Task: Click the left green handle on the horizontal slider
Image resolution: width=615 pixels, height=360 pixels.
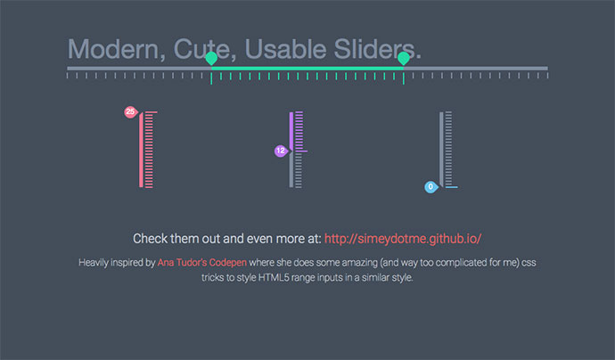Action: (x=211, y=59)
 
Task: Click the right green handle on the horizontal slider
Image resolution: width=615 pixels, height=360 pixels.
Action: (x=404, y=59)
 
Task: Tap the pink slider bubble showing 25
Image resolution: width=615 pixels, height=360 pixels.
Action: (x=131, y=112)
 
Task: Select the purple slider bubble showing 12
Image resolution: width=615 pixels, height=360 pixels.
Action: (x=281, y=151)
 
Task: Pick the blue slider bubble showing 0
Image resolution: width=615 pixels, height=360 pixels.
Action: (x=431, y=187)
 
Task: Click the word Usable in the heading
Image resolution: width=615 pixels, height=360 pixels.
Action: (x=286, y=49)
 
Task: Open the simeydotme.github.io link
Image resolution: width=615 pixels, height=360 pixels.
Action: (x=403, y=239)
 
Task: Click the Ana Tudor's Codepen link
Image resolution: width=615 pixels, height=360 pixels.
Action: (x=202, y=262)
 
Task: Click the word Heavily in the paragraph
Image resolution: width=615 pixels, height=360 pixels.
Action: (x=94, y=263)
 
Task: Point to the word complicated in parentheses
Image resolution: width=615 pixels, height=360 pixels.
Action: (x=462, y=262)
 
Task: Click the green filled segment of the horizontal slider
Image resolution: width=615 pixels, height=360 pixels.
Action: (x=307, y=69)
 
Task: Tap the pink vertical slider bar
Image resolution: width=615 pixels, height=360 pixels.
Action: (x=141, y=150)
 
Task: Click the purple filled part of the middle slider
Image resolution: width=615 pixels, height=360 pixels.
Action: (x=291, y=131)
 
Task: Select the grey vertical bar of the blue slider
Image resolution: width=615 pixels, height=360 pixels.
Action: (x=441, y=150)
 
